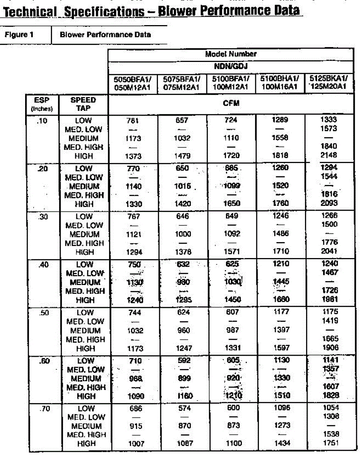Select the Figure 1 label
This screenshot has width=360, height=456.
point(19,35)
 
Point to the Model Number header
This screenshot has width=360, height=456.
point(231,54)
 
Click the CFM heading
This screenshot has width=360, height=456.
point(231,103)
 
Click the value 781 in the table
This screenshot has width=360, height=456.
point(133,120)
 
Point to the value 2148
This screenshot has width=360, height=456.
point(329,155)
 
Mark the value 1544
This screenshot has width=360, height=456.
point(329,177)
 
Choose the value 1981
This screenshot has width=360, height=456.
point(329,299)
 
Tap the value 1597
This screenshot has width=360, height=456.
point(281,348)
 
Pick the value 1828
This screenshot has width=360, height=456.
point(329,396)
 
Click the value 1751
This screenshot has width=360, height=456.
point(329,443)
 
